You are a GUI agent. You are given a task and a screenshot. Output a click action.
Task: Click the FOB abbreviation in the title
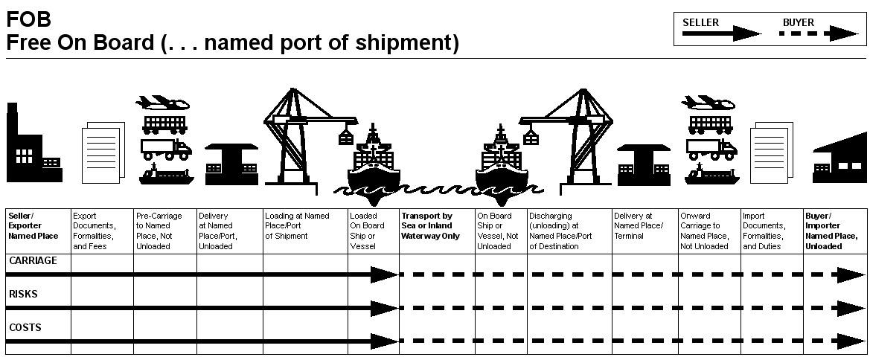(x=28, y=19)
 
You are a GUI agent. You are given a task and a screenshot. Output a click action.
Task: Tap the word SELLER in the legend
(x=700, y=23)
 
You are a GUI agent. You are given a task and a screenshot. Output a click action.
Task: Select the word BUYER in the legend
(x=799, y=23)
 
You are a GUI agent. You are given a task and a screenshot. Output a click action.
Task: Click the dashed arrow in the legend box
(x=819, y=33)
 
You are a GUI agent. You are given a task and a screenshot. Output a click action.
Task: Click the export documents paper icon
(x=103, y=152)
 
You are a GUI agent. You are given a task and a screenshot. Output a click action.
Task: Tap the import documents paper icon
(x=771, y=152)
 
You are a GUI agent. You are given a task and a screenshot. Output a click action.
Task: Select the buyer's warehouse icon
(x=839, y=158)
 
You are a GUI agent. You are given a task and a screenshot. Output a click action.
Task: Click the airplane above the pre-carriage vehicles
(x=162, y=103)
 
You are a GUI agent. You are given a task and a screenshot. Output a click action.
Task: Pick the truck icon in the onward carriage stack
(x=712, y=148)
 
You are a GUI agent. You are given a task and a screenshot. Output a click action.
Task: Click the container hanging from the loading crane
(x=346, y=136)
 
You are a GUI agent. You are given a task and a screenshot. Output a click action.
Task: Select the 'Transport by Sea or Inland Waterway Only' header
(x=427, y=226)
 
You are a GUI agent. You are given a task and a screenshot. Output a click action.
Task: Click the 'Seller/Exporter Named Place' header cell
(x=33, y=226)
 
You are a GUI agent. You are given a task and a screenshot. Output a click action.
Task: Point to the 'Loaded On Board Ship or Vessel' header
(x=367, y=231)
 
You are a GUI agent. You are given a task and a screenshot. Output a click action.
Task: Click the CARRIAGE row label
(x=33, y=261)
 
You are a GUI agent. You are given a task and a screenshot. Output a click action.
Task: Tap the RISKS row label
(x=23, y=294)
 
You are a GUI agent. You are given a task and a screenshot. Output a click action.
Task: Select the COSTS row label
(x=25, y=328)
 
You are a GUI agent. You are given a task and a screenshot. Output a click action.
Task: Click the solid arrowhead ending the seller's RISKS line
(x=384, y=308)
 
